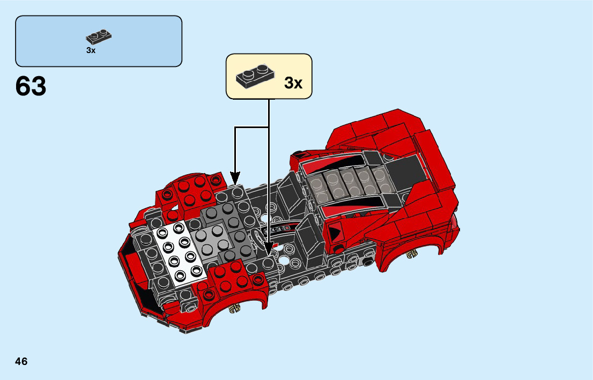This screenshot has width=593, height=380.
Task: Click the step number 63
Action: (31, 86)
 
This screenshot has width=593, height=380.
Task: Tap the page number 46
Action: (21, 361)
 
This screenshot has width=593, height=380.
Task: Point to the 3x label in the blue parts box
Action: (91, 50)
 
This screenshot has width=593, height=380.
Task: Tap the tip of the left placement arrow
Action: (235, 181)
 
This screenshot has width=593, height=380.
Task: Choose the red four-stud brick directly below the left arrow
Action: (194, 190)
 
